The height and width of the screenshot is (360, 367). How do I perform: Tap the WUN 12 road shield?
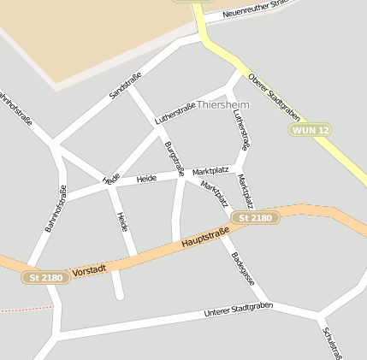click(x=310, y=130)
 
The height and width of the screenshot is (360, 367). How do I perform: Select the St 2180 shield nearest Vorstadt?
click(x=46, y=277)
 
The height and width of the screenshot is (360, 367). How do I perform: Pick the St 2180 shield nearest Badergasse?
click(x=255, y=218)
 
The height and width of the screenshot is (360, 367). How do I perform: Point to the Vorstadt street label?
click(x=90, y=270)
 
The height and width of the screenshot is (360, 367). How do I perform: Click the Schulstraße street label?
click(x=333, y=341)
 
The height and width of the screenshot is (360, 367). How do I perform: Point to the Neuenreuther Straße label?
click(x=257, y=9)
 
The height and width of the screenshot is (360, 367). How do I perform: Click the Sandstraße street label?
click(x=125, y=86)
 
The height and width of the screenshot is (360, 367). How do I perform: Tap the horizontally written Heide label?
click(x=146, y=179)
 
